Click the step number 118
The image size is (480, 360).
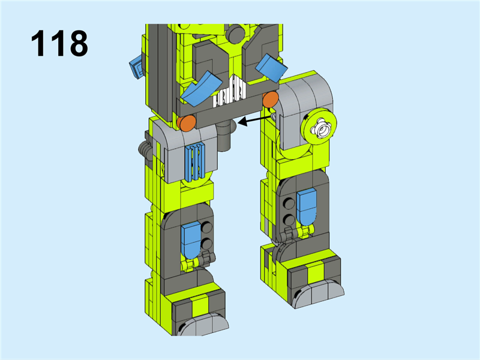[59, 43]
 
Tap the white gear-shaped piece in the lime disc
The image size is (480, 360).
[321, 129]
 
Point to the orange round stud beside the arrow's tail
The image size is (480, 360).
[271, 99]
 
